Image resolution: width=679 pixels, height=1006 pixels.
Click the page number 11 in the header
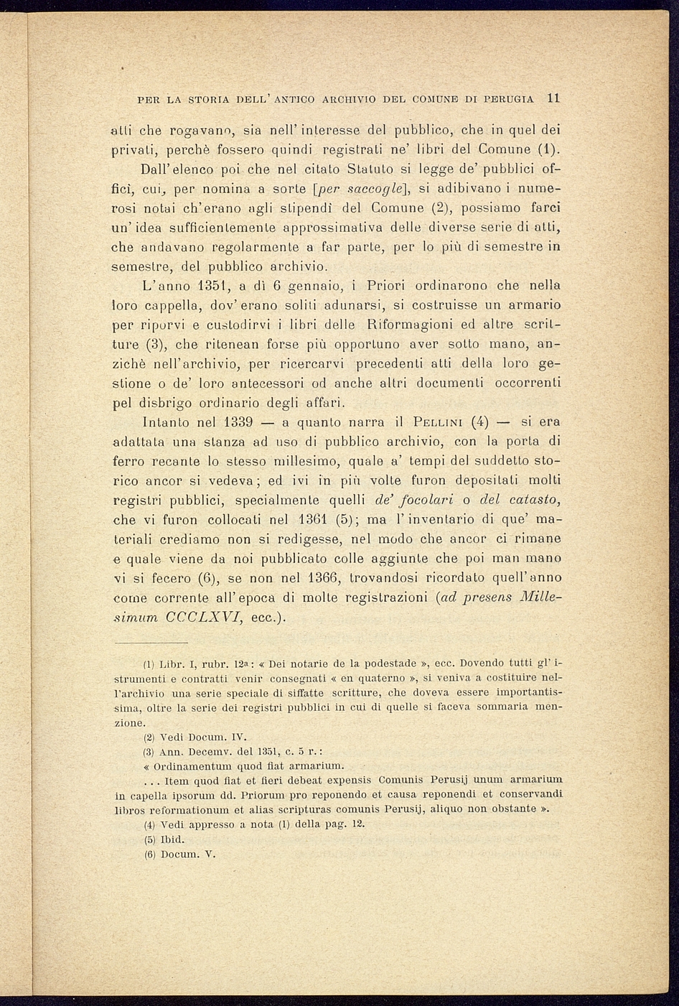pyautogui.click(x=553, y=98)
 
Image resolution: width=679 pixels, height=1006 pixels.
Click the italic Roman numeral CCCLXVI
pyautogui.click(x=202, y=617)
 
